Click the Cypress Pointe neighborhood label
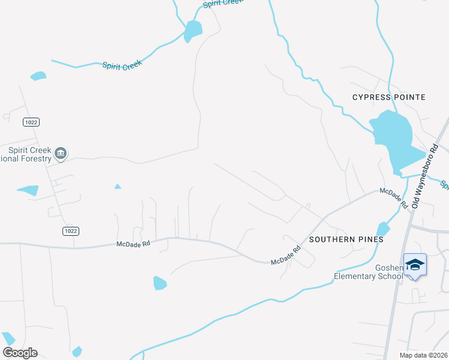tap(388, 97)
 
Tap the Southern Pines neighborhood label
tap(346, 239)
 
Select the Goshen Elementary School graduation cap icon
tap(415, 265)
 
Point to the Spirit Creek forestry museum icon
tap(61, 154)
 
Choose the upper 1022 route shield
tap(31, 122)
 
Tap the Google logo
tap(20, 352)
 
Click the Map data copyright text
tap(423, 355)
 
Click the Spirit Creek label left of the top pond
tap(122, 65)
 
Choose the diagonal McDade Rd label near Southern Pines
tap(286, 257)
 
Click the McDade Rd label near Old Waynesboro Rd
tap(393, 197)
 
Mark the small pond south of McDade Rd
tap(160, 283)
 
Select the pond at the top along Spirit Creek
tap(193, 31)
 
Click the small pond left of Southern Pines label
tap(382, 230)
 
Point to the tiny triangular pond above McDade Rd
tap(118, 187)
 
